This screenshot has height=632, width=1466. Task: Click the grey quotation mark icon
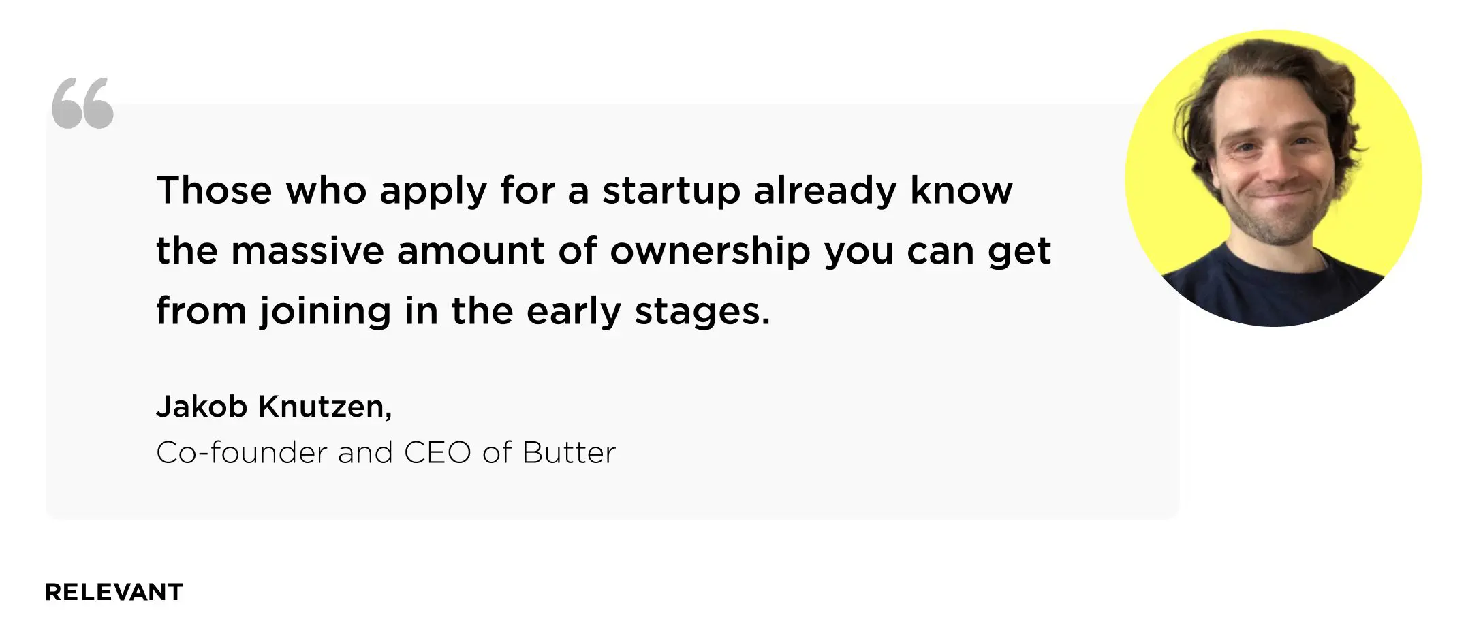click(x=82, y=102)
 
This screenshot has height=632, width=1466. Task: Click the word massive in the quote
click(x=307, y=250)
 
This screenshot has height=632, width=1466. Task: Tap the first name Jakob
click(x=202, y=407)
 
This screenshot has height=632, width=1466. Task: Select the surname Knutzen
click(x=325, y=407)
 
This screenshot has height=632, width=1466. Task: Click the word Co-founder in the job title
click(x=242, y=453)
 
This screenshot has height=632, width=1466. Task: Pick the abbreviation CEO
click(x=437, y=453)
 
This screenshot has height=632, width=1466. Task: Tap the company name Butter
click(x=569, y=453)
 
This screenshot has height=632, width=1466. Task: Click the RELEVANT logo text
click(x=114, y=592)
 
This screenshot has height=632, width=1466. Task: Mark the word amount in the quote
click(x=471, y=251)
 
